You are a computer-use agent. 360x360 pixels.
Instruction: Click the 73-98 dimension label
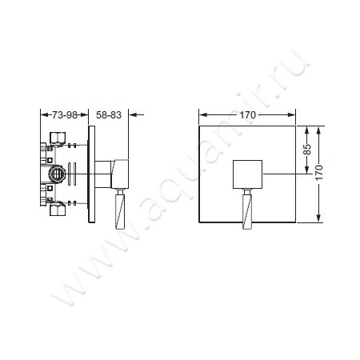point(65,115)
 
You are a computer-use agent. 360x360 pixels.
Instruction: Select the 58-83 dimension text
point(109,115)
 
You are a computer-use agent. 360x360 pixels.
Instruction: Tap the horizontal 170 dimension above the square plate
point(247,115)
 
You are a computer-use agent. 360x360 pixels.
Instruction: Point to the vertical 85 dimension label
point(307,150)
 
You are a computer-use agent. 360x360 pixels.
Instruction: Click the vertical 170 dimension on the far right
point(319,173)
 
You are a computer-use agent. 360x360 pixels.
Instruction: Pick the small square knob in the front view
point(247,174)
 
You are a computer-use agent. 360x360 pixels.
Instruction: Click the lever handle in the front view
point(247,212)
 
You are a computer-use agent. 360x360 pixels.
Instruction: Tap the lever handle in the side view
point(120,212)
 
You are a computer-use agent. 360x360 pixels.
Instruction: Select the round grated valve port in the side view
point(57,174)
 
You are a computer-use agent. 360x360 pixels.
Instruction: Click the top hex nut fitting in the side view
point(58,138)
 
